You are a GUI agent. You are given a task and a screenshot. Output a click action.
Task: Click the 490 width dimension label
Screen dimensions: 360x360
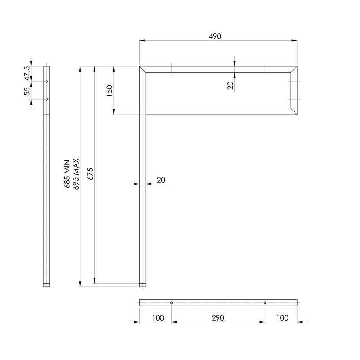[x=215, y=36]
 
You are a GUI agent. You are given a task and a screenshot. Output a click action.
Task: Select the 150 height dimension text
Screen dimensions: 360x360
[x=110, y=91]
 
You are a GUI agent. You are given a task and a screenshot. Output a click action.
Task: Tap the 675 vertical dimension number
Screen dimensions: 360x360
[x=91, y=174]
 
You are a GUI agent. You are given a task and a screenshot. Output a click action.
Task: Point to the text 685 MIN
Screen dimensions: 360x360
[x=67, y=174]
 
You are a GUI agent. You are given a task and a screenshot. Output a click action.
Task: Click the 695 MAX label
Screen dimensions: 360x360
[x=76, y=174]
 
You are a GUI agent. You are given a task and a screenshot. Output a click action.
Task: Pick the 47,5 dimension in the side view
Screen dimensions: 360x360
[x=27, y=73]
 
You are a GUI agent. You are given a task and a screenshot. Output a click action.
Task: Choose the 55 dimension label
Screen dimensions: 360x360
[x=27, y=92]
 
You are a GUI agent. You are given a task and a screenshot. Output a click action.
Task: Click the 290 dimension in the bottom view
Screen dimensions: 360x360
[x=218, y=318]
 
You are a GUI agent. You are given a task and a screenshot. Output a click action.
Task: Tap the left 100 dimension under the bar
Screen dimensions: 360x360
[x=158, y=318]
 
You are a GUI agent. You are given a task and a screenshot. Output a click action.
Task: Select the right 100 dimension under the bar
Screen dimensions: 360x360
[x=282, y=318]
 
